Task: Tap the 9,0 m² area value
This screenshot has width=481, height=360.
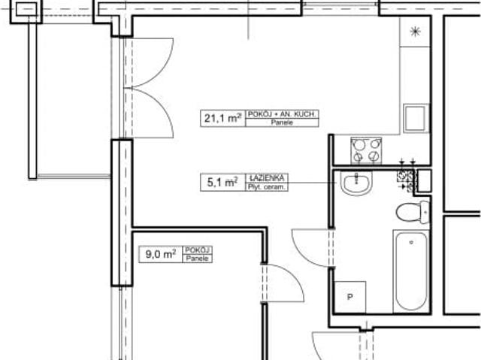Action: click(160, 254)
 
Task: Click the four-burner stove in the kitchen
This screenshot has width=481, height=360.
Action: click(366, 150)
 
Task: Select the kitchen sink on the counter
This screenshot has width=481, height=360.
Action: click(414, 119)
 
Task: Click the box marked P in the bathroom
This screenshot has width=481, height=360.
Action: click(349, 296)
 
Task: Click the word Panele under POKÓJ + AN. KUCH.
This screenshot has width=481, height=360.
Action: click(283, 121)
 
